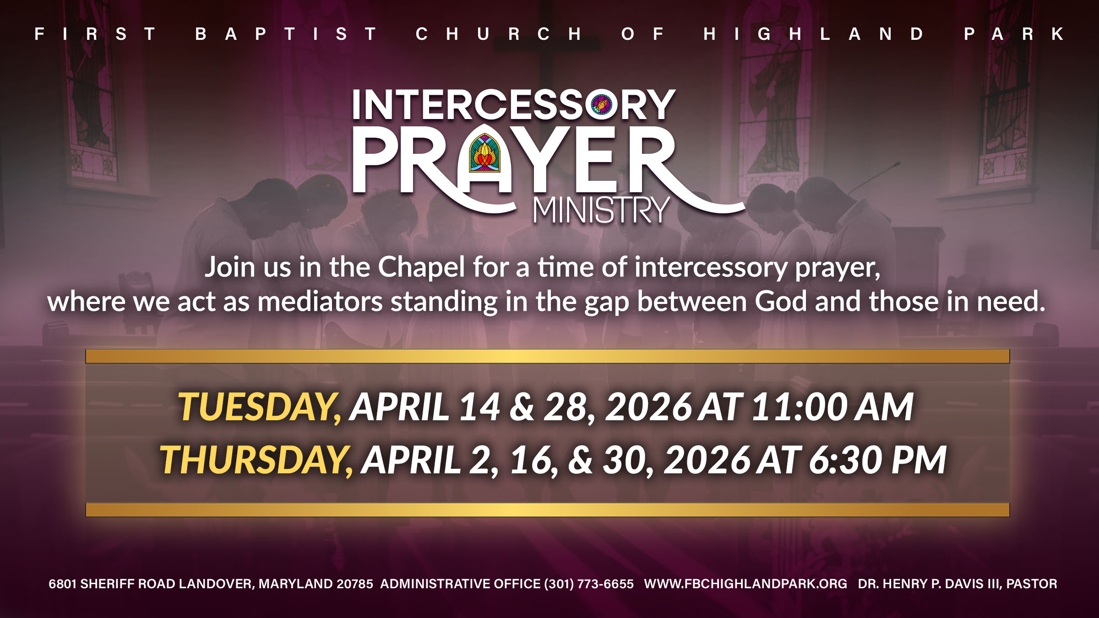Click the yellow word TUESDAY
[x=259, y=407]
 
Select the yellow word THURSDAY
[x=256, y=460]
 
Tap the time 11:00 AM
[x=832, y=407]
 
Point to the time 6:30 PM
[x=877, y=460]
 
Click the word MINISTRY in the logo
[x=601, y=211]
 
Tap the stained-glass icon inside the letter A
[x=484, y=153]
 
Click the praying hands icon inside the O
[x=601, y=105]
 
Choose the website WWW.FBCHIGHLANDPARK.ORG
[x=745, y=584]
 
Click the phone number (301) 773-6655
[x=589, y=584]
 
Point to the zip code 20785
[x=355, y=584]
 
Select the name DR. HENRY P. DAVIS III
[x=930, y=584]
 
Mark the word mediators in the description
[x=320, y=302]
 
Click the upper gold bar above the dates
[x=548, y=356]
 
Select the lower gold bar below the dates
[x=548, y=510]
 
